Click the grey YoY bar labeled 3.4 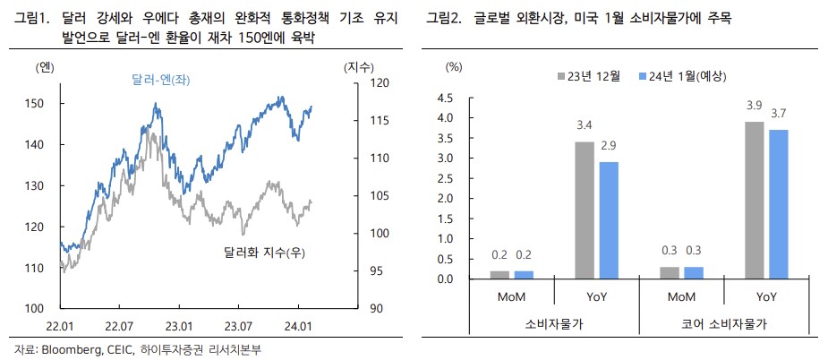[x=585, y=210]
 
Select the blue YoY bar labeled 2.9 [x=610, y=220]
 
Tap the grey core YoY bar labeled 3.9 [x=755, y=201]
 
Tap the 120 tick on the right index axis [x=353, y=83]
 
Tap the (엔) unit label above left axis [x=45, y=67]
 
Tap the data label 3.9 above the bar [x=755, y=108]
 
